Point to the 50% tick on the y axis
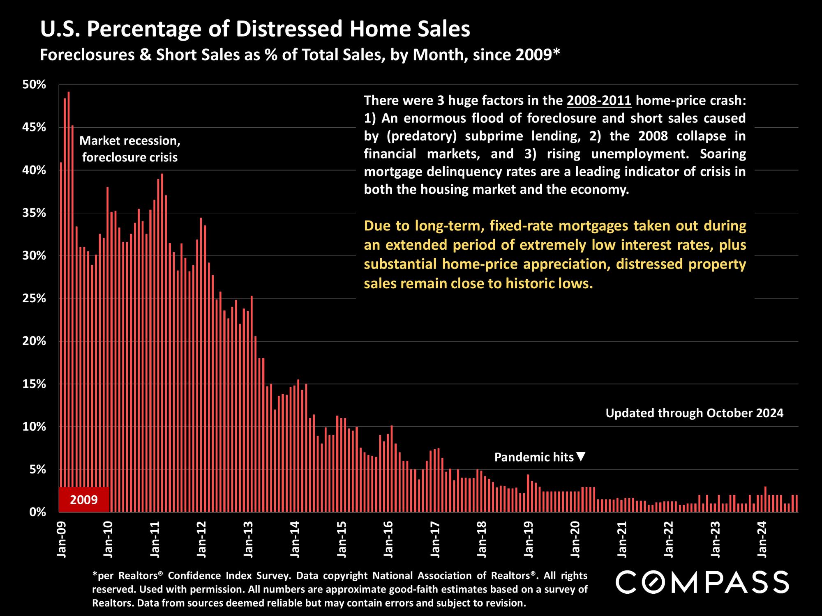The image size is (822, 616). click(34, 85)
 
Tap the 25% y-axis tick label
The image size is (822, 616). click(34, 299)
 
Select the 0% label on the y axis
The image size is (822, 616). click(37, 512)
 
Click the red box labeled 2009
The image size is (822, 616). click(84, 500)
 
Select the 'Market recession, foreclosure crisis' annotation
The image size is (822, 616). click(130, 149)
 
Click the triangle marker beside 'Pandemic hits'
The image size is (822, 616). click(581, 457)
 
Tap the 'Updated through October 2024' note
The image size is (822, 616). click(694, 413)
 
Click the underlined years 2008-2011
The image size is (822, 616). click(599, 100)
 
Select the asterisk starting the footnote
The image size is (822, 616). click(94, 575)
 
